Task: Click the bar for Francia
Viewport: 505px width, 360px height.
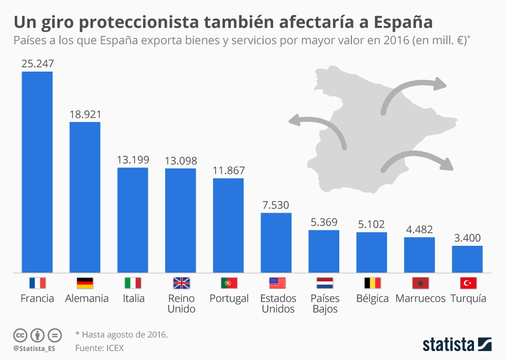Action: (x=37, y=172)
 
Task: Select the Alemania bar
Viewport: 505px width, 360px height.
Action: (x=85, y=197)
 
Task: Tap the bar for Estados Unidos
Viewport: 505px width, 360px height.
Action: (x=276, y=243)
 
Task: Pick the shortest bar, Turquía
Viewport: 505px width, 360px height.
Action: (x=467, y=259)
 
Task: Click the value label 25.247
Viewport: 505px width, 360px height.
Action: (x=37, y=64)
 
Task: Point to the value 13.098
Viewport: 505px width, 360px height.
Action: (x=180, y=161)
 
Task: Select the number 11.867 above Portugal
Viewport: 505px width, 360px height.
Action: (x=228, y=171)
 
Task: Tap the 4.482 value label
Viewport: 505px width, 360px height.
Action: (x=419, y=229)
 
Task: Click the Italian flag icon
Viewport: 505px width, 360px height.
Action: (x=133, y=283)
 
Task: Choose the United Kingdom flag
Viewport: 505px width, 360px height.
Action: (x=180, y=283)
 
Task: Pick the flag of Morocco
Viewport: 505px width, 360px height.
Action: (x=419, y=283)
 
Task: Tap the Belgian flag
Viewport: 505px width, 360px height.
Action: (x=372, y=283)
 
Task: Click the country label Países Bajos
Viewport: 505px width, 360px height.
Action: (x=325, y=304)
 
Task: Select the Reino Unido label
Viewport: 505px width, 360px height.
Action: (x=181, y=304)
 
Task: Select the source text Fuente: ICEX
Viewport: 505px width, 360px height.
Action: (x=100, y=347)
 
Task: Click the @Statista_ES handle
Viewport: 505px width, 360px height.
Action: (x=34, y=348)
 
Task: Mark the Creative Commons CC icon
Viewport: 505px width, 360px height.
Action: (x=20, y=335)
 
